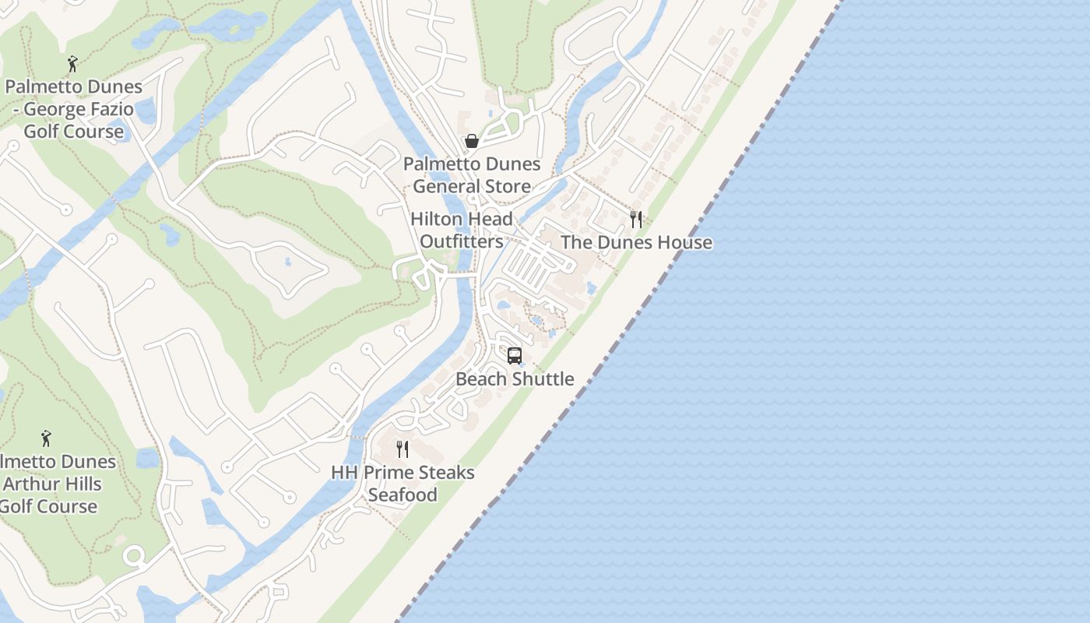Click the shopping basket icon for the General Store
[471, 141]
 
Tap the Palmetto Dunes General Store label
[472, 175]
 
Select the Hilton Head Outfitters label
[462, 230]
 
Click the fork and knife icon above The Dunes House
[636, 220]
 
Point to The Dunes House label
[636, 242]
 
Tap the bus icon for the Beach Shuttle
[514, 356]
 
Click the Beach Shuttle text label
[515, 379]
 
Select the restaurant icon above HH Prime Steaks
[403, 449]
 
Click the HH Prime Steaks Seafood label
[403, 483]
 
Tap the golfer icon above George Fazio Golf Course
[73, 64]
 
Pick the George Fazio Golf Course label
[74, 109]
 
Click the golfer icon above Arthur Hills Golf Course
[46, 438]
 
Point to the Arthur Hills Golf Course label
[51, 484]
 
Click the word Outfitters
[462, 241]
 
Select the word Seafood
[403, 495]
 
